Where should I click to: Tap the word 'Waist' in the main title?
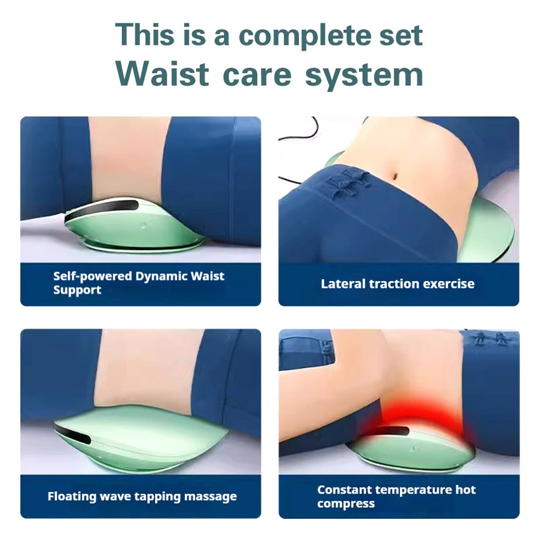click(162, 74)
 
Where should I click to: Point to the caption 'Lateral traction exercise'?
click(398, 284)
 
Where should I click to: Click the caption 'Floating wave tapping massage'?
click(142, 496)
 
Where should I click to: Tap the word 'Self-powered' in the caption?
click(92, 277)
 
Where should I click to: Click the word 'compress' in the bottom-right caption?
click(346, 504)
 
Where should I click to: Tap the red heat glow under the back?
click(418, 420)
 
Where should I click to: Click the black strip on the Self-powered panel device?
click(102, 209)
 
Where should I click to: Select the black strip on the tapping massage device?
click(72, 433)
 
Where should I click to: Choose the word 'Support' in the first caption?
click(77, 290)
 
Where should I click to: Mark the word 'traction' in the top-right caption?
click(394, 284)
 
